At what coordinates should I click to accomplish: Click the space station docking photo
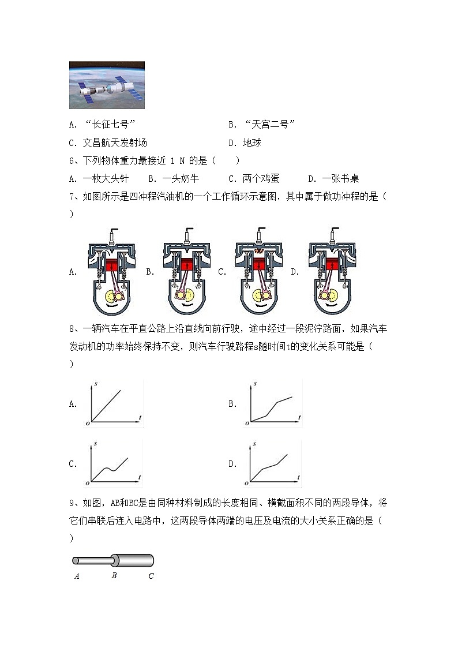pyautogui.click(x=107, y=85)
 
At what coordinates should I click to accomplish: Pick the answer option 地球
pyautogui.click(x=251, y=143)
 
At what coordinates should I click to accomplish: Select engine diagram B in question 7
pyautogui.click(x=186, y=271)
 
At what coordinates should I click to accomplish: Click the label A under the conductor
pyautogui.click(x=77, y=576)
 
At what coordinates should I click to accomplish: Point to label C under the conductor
pyautogui.click(x=151, y=576)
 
